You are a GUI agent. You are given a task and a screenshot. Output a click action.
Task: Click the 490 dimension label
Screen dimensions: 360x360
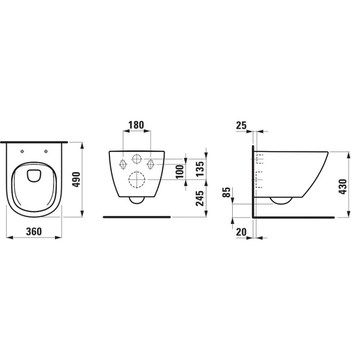[77, 179]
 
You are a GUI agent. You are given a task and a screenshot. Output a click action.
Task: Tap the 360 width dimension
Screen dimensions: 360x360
[34, 232]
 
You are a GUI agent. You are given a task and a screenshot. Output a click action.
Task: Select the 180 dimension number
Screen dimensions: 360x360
[136, 125]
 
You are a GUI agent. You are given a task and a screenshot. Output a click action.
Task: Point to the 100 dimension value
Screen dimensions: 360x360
[180, 171]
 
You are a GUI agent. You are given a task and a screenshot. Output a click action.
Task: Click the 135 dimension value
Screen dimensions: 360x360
[200, 169]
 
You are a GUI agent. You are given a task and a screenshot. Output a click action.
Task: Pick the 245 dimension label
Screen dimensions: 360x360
[200, 198]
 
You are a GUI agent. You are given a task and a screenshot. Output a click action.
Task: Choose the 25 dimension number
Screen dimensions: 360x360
[241, 126]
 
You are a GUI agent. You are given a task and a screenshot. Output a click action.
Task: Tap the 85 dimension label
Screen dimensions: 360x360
[226, 192]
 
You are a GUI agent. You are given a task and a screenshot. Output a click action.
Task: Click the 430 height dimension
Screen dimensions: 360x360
[343, 187]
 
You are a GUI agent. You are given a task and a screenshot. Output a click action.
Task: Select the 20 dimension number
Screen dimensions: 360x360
[241, 232]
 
